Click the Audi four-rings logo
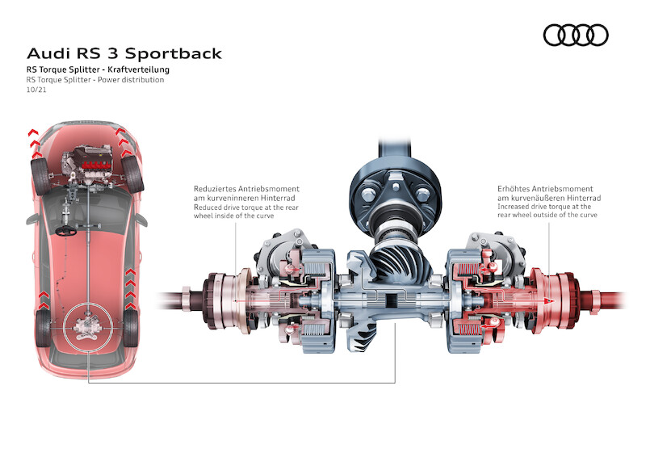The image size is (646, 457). (575, 35)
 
